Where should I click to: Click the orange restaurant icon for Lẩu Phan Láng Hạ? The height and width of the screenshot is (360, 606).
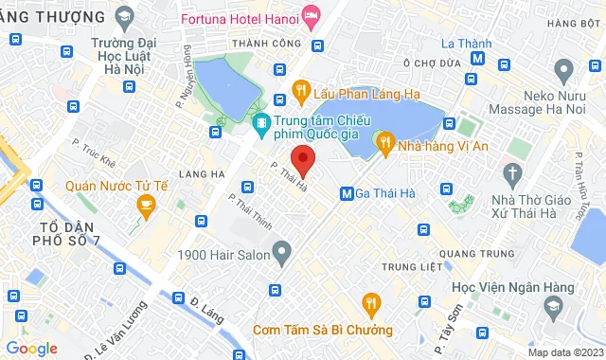301,90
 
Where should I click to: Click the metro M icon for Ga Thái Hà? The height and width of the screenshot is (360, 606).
347,193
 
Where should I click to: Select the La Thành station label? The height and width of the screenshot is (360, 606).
465,43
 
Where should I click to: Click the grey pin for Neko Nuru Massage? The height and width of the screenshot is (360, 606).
565,69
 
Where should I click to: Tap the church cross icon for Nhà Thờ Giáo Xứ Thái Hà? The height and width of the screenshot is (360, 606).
513,174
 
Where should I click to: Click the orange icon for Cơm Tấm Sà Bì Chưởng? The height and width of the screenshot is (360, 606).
371,303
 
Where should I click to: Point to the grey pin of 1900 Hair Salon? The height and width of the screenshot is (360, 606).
281,252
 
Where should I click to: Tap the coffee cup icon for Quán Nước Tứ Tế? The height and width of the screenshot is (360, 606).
146,205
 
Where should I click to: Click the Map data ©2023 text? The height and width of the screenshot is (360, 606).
564,352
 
